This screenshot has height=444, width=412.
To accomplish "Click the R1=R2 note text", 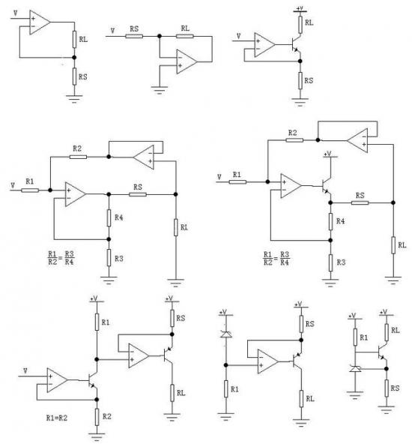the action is tap(56, 418).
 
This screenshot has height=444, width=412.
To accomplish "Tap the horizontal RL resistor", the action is tap(184, 36).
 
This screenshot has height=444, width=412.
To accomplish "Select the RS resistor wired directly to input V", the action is tap(134, 36).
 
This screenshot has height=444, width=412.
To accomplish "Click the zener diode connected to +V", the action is tap(225, 334).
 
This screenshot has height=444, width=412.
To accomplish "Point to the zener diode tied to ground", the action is tap(355, 369).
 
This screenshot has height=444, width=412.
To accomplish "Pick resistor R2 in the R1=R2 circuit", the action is tap(97, 417).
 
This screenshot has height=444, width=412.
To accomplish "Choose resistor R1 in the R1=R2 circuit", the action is tap(97, 322).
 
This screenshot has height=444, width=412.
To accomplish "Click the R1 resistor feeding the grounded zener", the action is tap(355, 337).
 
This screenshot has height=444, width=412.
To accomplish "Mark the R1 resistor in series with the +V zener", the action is tap(225, 388).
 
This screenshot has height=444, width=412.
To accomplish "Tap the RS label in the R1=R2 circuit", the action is tap(181, 318).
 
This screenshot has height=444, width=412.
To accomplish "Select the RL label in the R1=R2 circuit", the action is tap(181, 393).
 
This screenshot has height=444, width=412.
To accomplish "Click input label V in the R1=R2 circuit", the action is tap(25, 370).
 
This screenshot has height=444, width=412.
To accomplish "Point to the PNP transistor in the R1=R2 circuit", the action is tap(169, 354).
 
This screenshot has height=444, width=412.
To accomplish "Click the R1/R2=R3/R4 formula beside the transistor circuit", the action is tap(276, 259).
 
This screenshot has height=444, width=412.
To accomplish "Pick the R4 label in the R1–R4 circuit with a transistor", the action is tap(340, 221).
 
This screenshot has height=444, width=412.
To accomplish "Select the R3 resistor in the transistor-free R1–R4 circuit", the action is tap(109, 258).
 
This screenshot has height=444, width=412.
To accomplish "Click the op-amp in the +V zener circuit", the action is tap(267, 361).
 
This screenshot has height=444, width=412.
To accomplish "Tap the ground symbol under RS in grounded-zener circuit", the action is tap(387, 409).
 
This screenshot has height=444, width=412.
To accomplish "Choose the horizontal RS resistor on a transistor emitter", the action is tap(360, 202).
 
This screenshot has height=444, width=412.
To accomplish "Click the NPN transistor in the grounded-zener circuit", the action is tap(382, 352).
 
